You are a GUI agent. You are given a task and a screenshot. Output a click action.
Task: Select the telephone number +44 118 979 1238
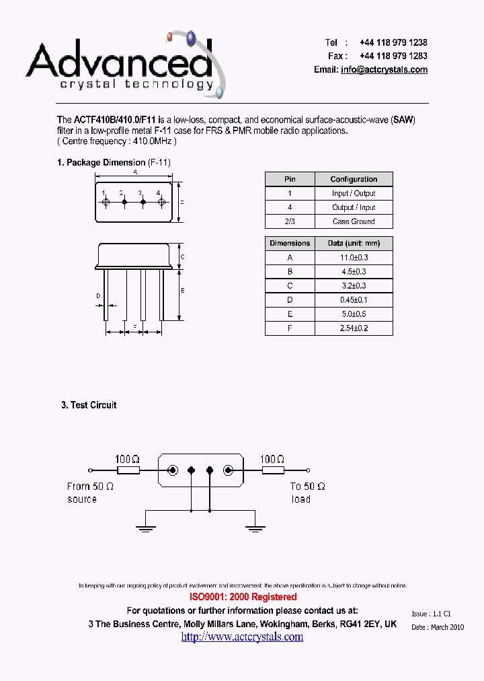point(393,42)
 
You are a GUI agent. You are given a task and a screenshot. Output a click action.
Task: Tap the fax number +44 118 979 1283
point(393,56)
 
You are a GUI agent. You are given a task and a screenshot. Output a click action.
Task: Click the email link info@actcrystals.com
point(384,70)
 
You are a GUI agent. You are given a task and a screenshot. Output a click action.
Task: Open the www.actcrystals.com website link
point(242,637)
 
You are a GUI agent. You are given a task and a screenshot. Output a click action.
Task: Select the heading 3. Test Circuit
point(89,405)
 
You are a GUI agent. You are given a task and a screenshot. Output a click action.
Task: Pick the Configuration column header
point(354,179)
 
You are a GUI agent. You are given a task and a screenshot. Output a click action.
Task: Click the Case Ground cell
point(354,221)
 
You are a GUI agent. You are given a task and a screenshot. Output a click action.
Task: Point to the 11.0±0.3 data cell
point(354,258)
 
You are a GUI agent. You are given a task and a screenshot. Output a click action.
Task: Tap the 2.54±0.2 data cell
point(354,328)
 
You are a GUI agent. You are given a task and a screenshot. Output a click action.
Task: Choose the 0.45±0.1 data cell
point(354,300)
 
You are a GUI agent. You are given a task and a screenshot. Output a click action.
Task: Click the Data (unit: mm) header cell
point(354,243)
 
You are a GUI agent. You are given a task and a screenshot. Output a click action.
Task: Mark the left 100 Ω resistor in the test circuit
point(127,471)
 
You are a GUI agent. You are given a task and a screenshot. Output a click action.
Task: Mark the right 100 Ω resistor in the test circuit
point(273,471)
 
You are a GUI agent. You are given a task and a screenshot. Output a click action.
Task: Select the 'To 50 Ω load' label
point(307,493)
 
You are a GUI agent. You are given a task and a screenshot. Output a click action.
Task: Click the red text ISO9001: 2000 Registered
point(243,597)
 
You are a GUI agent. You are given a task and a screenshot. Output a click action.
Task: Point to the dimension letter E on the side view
point(184,291)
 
